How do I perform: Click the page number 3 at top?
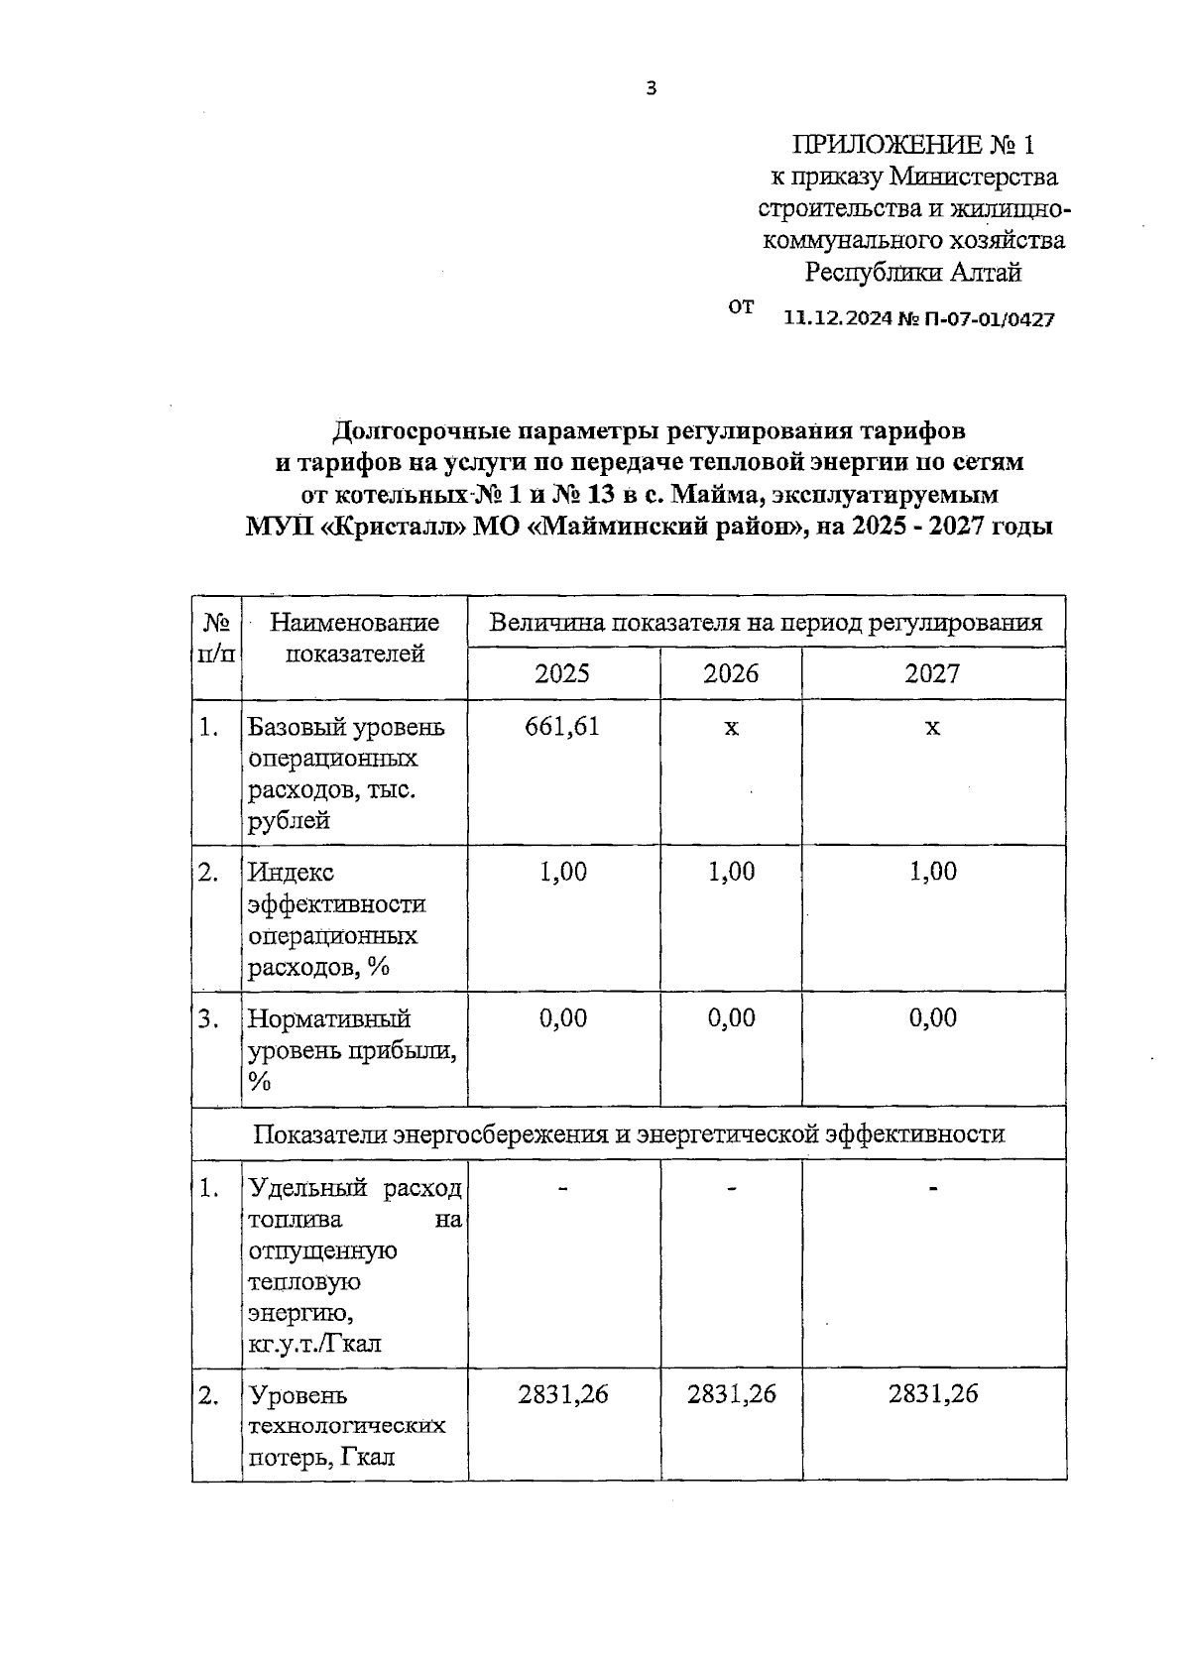pyautogui.click(x=651, y=89)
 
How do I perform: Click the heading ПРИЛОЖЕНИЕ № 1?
pyautogui.click(x=912, y=145)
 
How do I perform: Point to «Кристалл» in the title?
pyautogui.click(x=396, y=527)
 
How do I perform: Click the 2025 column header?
pyautogui.click(x=562, y=674)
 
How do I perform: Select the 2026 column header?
pyautogui.click(x=731, y=674)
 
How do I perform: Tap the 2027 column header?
pyautogui.click(x=932, y=674)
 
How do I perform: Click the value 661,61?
pyautogui.click(x=562, y=727)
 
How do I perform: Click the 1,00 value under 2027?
pyautogui.click(x=932, y=872)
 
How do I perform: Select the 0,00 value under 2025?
pyautogui.click(x=562, y=1018)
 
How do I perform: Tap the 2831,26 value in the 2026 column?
pyautogui.click(x=731, y=1394)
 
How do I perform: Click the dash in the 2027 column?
pyautogui.click(x=932, y=1188)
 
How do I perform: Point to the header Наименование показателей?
pyautogui.click(x=354, y=638)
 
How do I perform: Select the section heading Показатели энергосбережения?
pyautogui.click(x=629, y=1133)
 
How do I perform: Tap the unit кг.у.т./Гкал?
pyautogui.click(x=314, y=1345)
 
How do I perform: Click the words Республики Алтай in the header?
pyautogui.click(x=912, y=272)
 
